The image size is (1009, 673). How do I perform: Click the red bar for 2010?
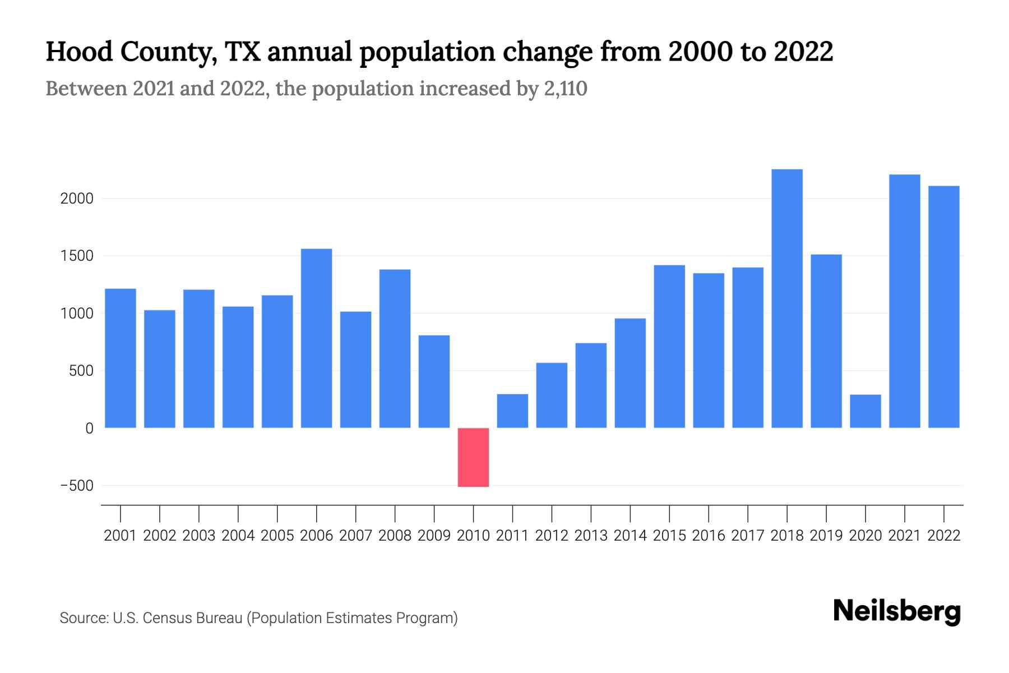point(473,457)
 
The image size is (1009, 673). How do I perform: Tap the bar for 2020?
point(865,411)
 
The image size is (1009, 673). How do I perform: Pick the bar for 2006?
point(317,338)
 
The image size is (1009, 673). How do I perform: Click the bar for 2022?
point(944,307)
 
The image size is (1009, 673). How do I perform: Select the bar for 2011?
point(512,411)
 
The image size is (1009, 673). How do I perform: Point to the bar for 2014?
point(630,373)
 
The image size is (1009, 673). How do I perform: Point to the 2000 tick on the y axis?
point(77,199)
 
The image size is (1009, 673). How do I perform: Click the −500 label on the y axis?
point(77,486)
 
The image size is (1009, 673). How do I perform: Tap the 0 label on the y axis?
point(89,428)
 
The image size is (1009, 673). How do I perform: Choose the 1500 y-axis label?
point(77,256)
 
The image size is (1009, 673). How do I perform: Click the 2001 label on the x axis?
point(121,536)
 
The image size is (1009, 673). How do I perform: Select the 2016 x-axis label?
point(709,536)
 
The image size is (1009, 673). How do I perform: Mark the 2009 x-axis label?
point(434,536)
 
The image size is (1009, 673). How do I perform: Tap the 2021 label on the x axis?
point(905,536)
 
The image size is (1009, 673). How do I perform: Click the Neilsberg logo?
point(897,611)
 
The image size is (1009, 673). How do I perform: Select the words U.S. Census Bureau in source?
point(177,618)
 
